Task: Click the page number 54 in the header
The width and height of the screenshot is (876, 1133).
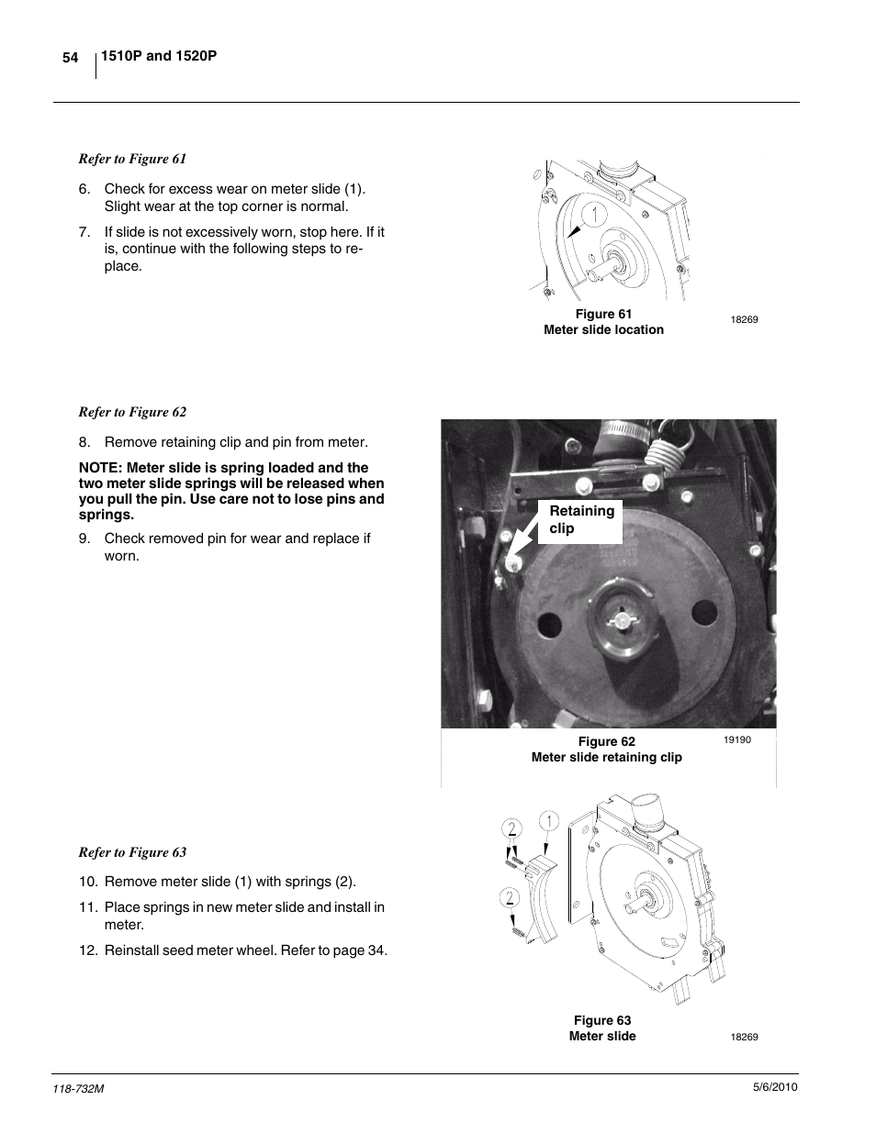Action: point(70,58)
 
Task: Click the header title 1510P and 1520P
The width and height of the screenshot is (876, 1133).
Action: point(158,57)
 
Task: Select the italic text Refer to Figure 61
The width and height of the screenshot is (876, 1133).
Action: point(132,159)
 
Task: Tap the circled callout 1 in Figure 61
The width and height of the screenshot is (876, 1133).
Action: point(593,216)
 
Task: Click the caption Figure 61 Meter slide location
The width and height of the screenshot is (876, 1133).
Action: point(603,322)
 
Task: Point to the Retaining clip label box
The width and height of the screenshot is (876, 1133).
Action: point(580,520)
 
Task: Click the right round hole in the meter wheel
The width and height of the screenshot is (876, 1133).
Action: point(704,613)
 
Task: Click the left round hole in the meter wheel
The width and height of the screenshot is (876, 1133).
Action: point(548,624)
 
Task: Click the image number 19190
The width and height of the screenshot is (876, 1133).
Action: point(736,739)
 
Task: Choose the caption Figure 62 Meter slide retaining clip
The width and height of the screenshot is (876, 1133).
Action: point(606,750)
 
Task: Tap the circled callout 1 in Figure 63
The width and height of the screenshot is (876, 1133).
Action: point(548,821)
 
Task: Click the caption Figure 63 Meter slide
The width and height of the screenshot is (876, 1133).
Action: point(602,1028)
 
